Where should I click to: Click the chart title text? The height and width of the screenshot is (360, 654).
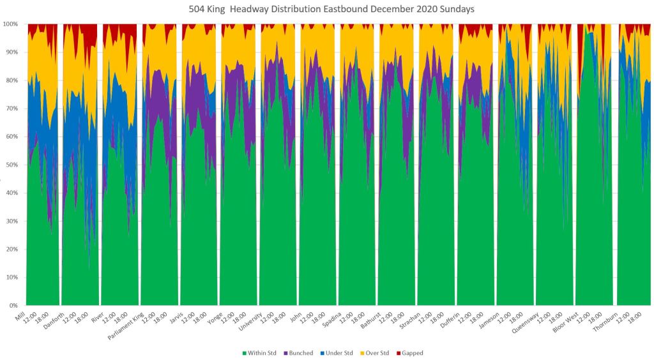(326, 9)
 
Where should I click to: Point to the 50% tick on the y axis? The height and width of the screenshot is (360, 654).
(13, 165)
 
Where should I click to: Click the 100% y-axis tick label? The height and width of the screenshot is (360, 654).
(12, 24)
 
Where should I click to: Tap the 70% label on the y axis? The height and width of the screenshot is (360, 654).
(13, 109)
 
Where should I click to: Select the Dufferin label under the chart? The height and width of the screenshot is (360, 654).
(448, 320)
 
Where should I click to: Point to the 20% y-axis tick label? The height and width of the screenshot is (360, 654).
(13, 249)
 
